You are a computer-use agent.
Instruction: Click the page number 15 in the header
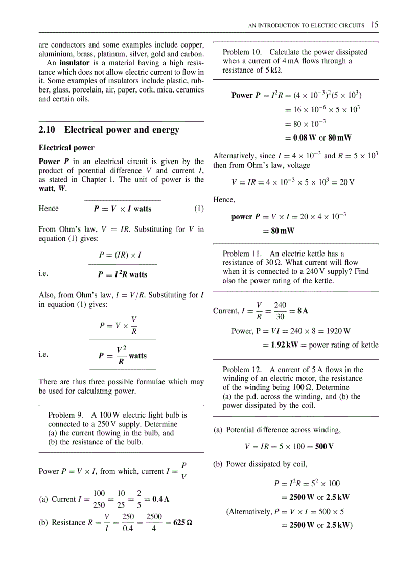pos(375,25)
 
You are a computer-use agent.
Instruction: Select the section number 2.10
pos(48,130)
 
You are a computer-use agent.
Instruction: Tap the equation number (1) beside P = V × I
pos(199,209)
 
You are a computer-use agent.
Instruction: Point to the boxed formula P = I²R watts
pos(123,274)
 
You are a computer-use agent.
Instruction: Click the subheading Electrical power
pos(66,148)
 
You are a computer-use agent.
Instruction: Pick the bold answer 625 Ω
pos(182,523)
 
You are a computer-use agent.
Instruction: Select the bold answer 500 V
pos(324,447)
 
